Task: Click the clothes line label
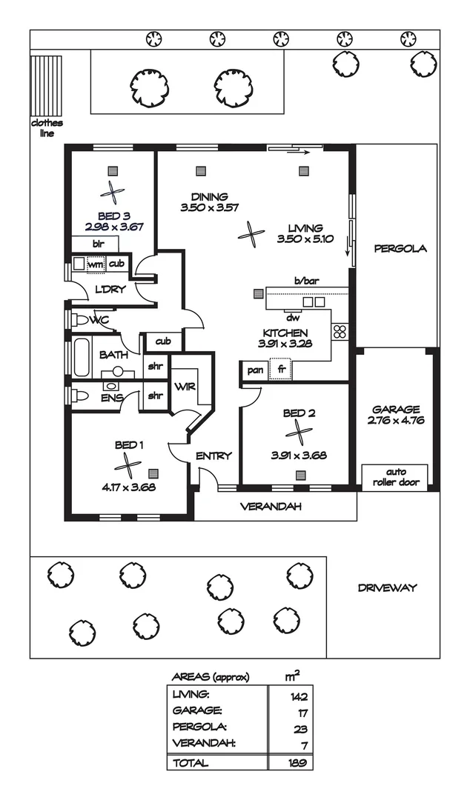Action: pyautogui.click(x=46, y=128)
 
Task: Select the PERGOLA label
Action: pyautogui.click(x=400, y=249)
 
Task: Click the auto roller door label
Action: pyautogui.click(x=394, y=476)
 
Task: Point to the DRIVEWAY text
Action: pyautogui.click(x=387, y=588)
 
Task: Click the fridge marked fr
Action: pyautogui.click(x=282, y=370)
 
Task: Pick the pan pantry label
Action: pyautogui.click(x=255, y=370)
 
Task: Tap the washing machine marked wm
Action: pyautogui.click(x=95, y=264)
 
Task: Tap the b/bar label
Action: pyautogui.click(x=305, y=281)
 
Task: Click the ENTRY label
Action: pyautogui.click(x=214, y=456)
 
